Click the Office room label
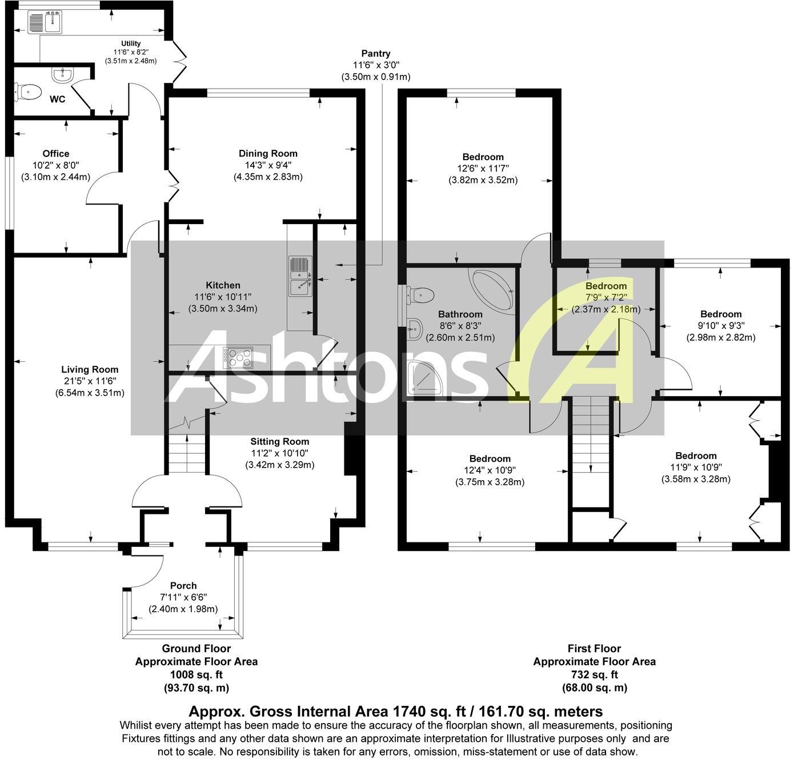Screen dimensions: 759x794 [x=56, y=153]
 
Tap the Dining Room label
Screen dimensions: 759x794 [x=268, y=153]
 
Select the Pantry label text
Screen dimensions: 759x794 [x=376, y=54]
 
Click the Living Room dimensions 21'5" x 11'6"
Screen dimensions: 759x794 [x=90, y=381]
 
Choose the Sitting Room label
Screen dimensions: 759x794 [x=280, y=441]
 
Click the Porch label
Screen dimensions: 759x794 [x=183, y=585]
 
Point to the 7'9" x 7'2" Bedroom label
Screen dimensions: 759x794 [x=606, y=286]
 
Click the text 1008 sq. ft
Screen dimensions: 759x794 [x=196, y=675]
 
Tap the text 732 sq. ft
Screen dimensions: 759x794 [x=594, y=675]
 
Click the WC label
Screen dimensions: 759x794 [x=58, y=99]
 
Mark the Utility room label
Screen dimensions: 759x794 [x=131, y=43]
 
